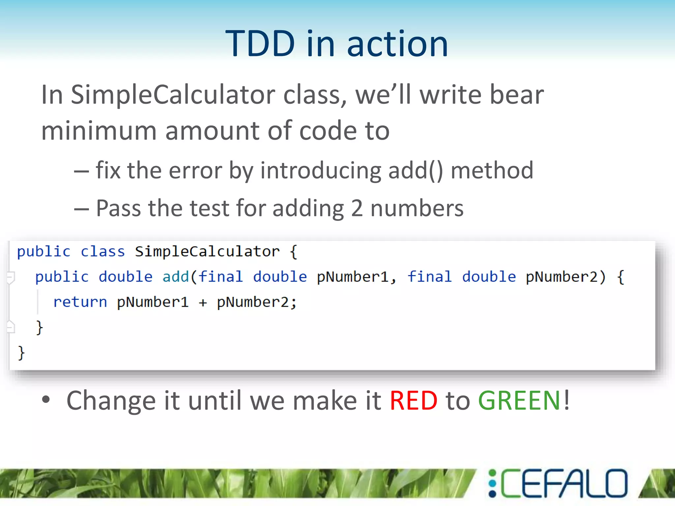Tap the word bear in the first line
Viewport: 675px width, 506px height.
tap(516, 95)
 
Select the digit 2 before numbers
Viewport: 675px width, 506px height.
tap(357, 209)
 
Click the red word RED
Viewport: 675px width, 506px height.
tap(413, 401)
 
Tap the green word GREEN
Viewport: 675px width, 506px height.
tap(519, 401)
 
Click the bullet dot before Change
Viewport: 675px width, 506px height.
tap(46, 400)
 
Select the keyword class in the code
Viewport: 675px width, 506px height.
tap(103, 252)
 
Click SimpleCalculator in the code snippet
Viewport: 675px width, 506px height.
tap(207, 252)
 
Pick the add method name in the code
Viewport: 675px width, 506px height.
tap(175, 277)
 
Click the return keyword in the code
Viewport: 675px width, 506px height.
tap(80, 302)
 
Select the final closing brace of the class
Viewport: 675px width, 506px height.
tap(21, 353)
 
